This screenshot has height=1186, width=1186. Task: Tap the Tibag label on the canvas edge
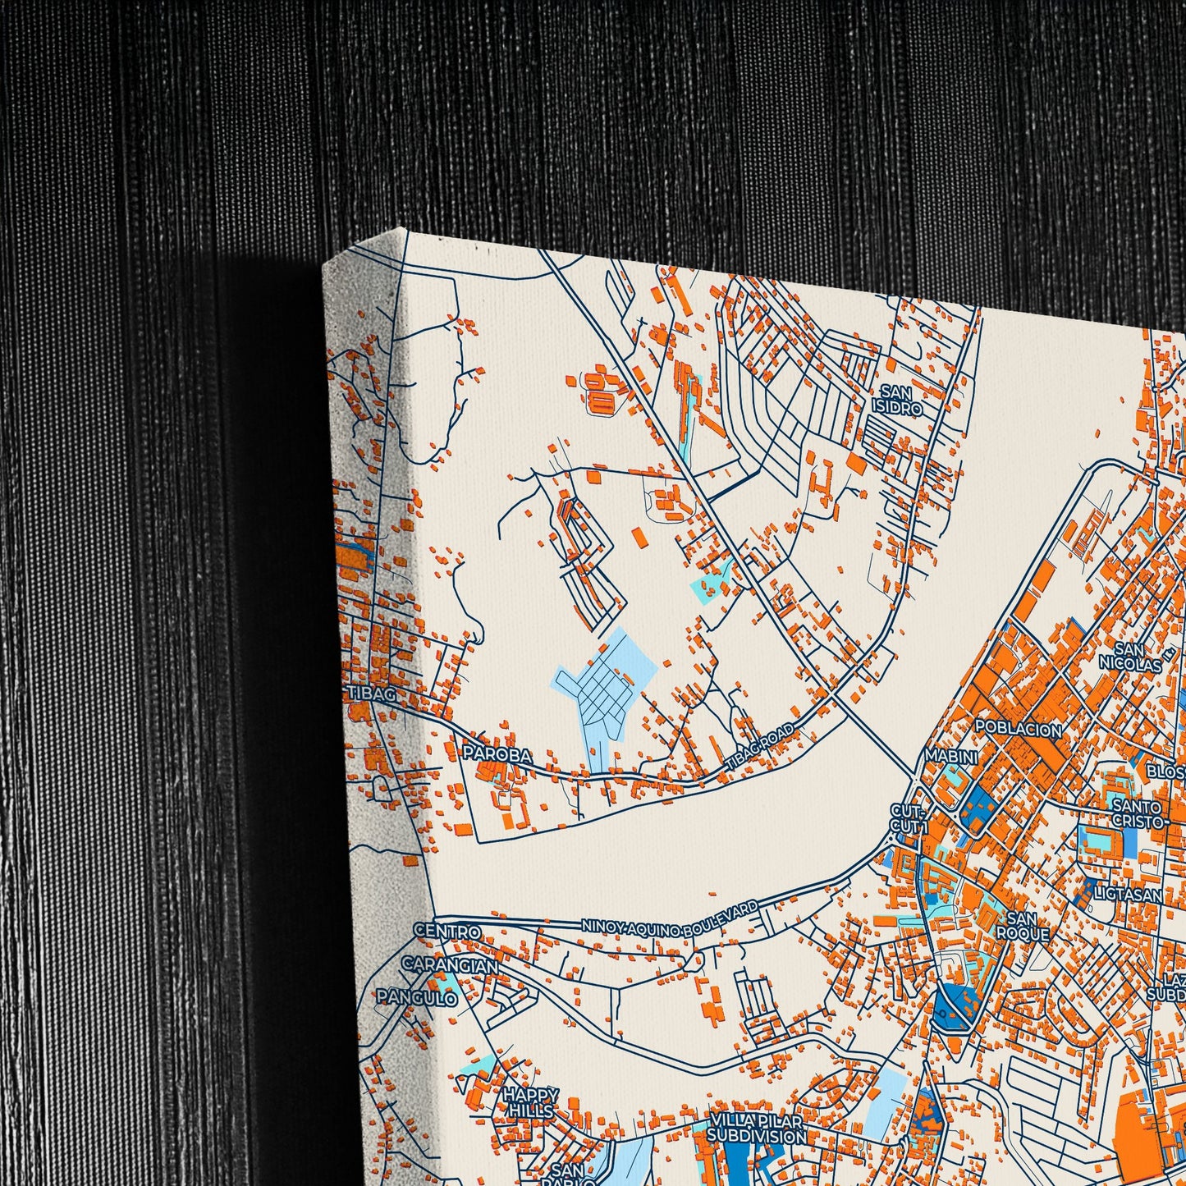click(372, 694)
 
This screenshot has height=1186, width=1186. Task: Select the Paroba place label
click(497, 753)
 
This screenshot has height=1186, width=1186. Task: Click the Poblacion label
click(1018, 729)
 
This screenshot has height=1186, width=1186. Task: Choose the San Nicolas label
click(1131, 657)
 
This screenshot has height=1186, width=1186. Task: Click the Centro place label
click(446, 932)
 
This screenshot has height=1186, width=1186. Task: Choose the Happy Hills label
click(530, 1102)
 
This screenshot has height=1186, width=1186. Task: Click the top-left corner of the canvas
click(326, 264)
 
